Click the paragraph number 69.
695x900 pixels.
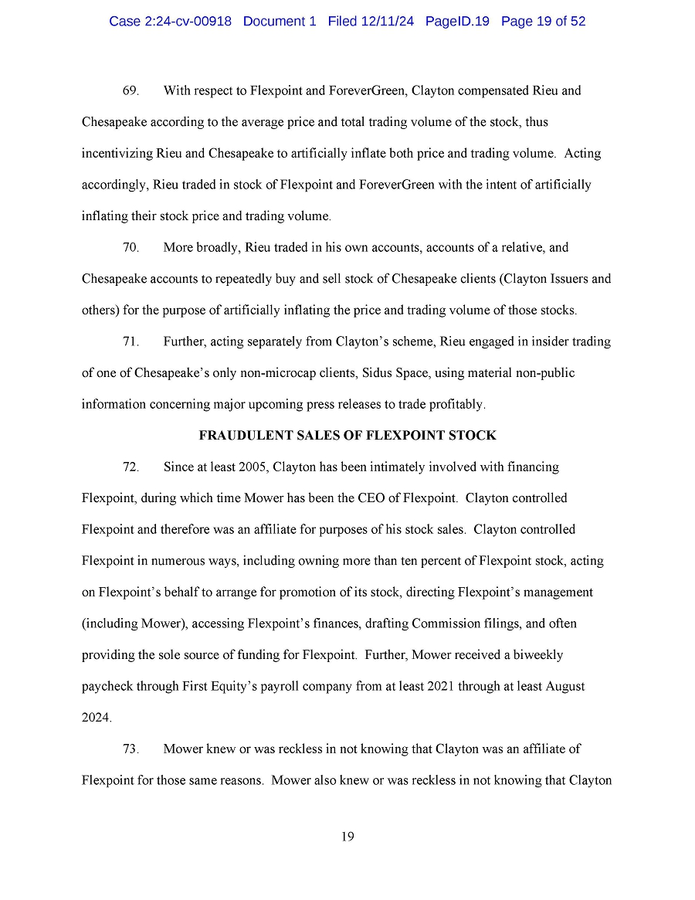pos(131,91)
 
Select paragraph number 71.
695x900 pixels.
pos(131,341)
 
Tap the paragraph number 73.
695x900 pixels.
pos(131,749)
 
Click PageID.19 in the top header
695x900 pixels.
pos(457,22)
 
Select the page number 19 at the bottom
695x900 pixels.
pos(347,837)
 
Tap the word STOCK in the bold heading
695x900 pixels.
pos(476,436)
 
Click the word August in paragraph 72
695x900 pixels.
pos(563,687)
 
